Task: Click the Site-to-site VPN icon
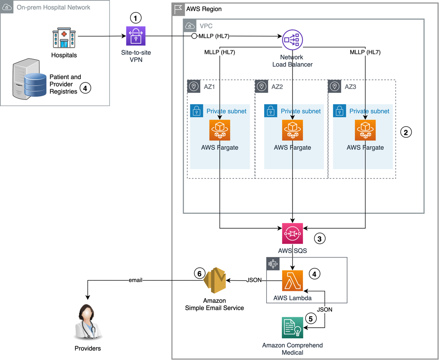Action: pyautogui.click(x=136, y=36)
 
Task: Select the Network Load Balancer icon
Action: pyautogui.click(x=292, y=40)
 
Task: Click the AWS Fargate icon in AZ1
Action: pyautogui.click(x=220, y=130)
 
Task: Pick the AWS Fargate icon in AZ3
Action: pyautogui.click(x=365, y=130)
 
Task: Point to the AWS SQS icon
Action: pyautogui.click(x=292, y=233)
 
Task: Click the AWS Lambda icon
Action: pyautogui.click(x=292, y=281)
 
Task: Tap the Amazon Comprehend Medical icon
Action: pyautogui.click(x=292, y=327)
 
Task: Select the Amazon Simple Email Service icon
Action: pyautogui.click(x=214, y=281)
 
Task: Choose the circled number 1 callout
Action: pyautogui.click(x=136, y=18)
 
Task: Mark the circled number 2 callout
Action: pyautogui.click(x=406, y=132)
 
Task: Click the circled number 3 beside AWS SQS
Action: pyautogui.click(x=320, y=239)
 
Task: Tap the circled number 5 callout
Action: pyautogui.click(x=311, y=318)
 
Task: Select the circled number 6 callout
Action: pyautogui.click(x=200, y=273)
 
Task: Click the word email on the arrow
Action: pyautogui.click(x=135, y=280)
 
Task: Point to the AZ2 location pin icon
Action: pyautogui.click(x=262, y=86)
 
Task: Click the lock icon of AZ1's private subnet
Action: pyautogui.click(x=197, y=111)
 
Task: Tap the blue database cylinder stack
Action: pyautogui.click(x=35, y=85)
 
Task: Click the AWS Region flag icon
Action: pyautogui.click(x=178, y=9)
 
